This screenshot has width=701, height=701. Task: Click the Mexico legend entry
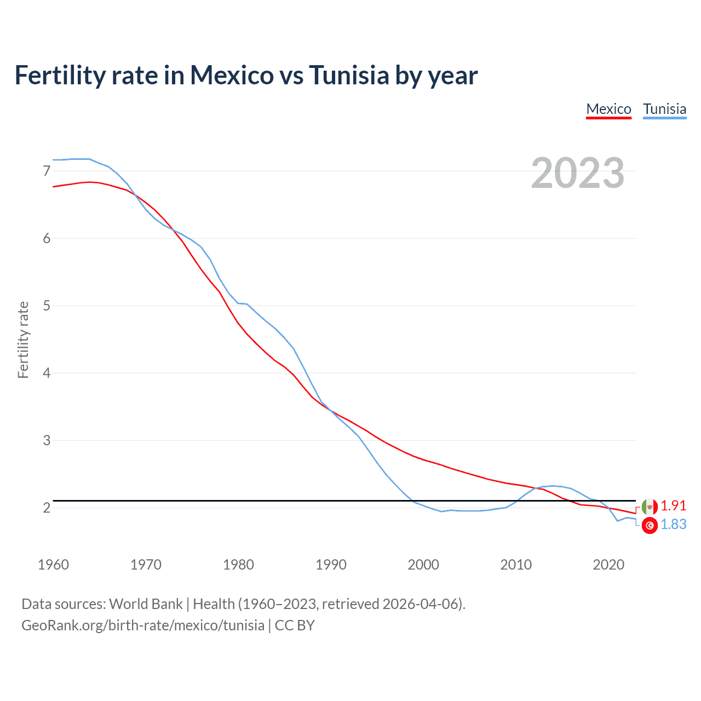click(608, 109)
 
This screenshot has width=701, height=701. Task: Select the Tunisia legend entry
click(664, 109)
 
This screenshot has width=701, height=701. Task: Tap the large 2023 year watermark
click(578, 173)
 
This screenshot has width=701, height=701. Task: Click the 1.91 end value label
click(673, 505)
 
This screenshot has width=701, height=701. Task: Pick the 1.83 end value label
click(673, 524)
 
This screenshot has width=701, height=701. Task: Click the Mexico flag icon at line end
click(650, 507)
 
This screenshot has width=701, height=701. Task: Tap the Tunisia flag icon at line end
click(650, 525)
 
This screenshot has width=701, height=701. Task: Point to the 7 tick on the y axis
click(47, 171)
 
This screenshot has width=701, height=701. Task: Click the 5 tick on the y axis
click(47, 306)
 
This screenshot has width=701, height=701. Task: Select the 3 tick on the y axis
click(47, 440)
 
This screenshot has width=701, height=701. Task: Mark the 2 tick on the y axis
click(47, 508)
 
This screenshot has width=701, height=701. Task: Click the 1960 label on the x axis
click(53, 565)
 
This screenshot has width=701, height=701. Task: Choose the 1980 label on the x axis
click(238, 565)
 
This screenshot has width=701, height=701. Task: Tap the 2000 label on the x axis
click(423, 565)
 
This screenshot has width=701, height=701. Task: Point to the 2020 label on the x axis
click(608, 565)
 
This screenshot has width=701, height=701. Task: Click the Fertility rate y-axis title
click(23, 340)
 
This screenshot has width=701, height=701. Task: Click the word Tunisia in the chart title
click(349, 75)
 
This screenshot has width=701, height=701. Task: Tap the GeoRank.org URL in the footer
click(142, 625)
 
